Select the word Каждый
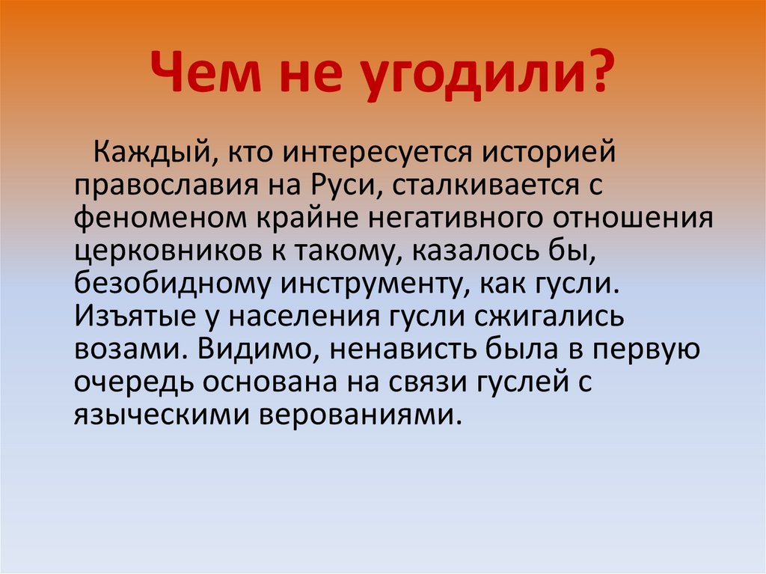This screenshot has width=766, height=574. click(156, 153)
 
